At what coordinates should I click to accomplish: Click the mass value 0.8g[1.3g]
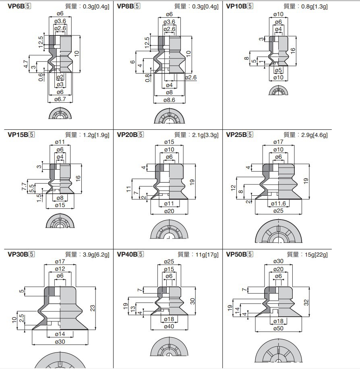(314, 6)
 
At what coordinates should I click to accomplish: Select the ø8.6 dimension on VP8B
(169, 100)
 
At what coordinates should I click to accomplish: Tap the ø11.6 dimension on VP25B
(278, 203)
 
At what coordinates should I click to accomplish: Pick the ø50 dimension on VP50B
(278, 329)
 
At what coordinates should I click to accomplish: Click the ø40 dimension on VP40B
(169, 326)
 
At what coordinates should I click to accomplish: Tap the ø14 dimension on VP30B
(60, 334)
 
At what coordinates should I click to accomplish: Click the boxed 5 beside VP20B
(141, 135)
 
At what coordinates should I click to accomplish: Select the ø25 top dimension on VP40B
(169, 261)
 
